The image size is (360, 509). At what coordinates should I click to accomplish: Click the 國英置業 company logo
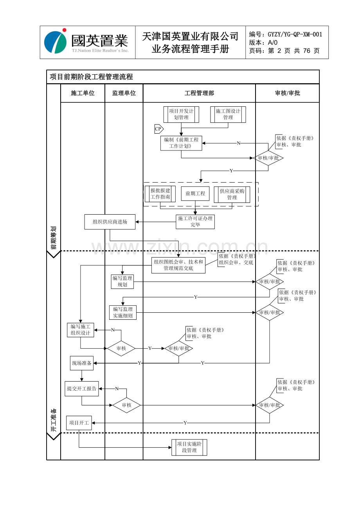(87, 42)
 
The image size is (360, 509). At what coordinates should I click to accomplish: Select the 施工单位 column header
(83, 93)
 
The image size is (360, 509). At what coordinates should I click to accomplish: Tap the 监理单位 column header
(124, 93)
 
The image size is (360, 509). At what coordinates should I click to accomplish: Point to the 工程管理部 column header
(199, 93)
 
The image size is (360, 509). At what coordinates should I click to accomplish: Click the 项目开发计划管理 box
(181, 115)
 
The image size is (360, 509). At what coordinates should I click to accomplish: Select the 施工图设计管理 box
(228, 115)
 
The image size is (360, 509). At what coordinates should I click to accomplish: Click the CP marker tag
(158, 129)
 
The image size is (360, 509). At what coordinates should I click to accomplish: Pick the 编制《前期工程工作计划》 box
(181, 143)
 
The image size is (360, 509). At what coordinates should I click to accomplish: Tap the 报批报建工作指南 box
(160, 194)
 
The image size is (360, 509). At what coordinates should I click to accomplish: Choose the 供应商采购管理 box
(232, 194)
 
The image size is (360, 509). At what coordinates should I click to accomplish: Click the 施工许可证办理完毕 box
(195, 222)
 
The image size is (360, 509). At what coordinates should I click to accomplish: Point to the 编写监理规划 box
(122, 281)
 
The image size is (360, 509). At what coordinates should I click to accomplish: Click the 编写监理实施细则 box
(123, 312)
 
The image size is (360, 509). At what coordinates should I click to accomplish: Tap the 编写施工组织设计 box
(81, 330)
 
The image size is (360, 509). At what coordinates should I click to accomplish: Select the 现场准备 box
(82, 363)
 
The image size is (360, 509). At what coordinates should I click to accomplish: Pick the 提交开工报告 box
(82, 389)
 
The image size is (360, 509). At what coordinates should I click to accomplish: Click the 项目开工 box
(79, 423)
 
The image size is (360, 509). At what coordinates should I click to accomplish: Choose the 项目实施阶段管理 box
(189, 447)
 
